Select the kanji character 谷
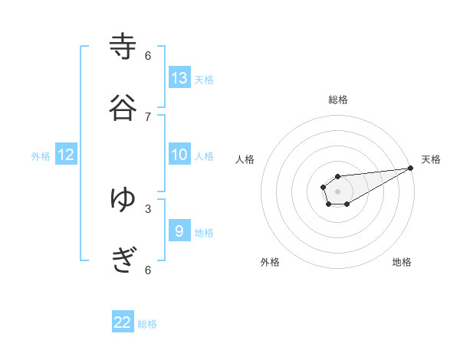point(123,108)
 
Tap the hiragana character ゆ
point(123,200)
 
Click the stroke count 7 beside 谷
point(148,116)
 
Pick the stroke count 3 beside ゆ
point(148,208)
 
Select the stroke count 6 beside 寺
point(148,55)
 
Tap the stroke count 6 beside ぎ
point(148,270)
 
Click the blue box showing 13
point(179,77)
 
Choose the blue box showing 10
point(179,155)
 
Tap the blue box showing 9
point(179,231)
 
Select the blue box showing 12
point(66,155)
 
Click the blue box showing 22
point(123,322)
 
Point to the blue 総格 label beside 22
point(147,324)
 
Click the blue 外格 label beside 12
point(41,156)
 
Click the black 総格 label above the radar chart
point(338,100)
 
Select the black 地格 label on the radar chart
point(402,262)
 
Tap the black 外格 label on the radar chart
point(270,262)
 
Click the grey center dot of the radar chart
point(337,190)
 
